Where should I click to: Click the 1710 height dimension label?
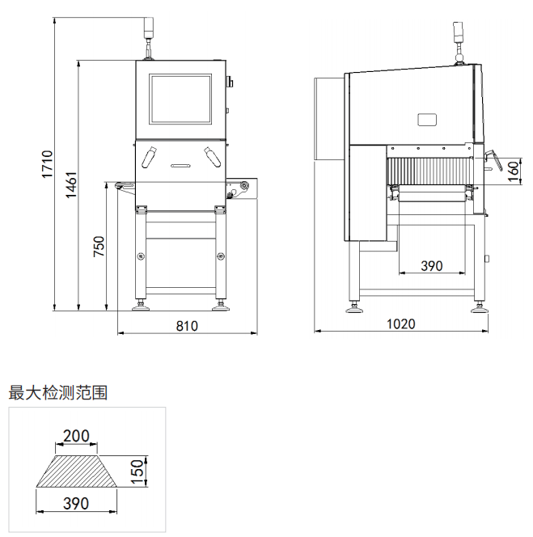47,164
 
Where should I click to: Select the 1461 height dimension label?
71,186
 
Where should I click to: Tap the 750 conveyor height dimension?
99,247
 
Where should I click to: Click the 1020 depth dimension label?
400,324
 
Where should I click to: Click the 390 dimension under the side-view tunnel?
432,265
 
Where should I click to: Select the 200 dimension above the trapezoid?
76,436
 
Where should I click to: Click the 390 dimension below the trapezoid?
76,503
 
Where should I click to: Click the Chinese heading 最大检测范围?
57,393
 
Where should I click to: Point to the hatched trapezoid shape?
76,471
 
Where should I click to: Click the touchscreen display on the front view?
181,99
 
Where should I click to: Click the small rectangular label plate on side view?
427,120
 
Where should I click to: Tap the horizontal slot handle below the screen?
180,164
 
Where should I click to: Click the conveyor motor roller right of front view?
240,190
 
